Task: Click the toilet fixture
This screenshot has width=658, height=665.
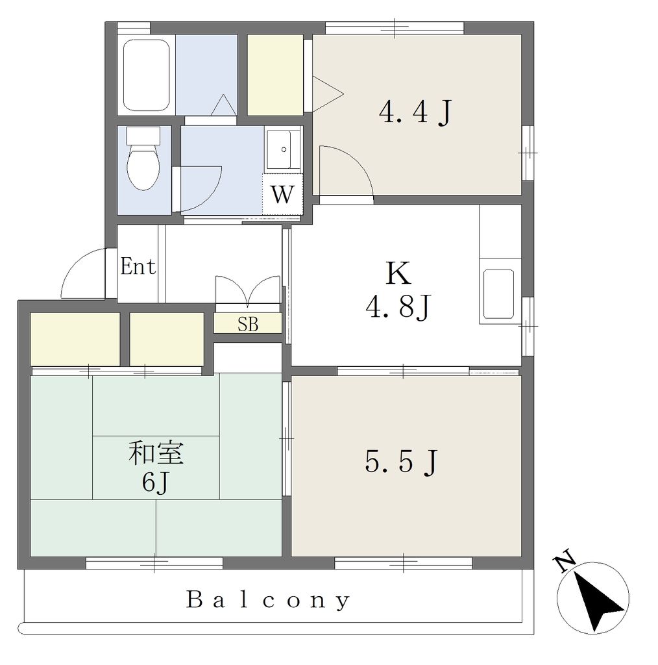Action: coord(143,158)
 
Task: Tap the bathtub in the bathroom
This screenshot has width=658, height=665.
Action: coord(146,75)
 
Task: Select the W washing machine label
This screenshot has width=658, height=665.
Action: coord(282,195)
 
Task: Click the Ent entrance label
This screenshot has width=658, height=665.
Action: coord(138,266)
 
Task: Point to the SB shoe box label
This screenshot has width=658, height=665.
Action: coord(248,325)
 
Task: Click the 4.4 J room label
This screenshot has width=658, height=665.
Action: coord(416,112)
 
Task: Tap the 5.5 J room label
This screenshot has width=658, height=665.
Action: coord(401,462)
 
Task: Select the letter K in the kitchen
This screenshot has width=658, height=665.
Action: coord(398,273)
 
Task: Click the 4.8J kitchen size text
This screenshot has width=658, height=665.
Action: coord(398,307)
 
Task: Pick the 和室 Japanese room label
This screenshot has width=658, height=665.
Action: coord(156,453)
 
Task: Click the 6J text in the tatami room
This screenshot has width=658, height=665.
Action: coord(156,483)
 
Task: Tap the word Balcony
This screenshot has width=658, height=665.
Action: coord(268,600)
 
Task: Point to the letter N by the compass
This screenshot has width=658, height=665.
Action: coord(565,562)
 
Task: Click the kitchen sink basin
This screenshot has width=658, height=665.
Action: coord(498,294)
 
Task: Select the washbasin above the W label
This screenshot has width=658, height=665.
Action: coord(283,150)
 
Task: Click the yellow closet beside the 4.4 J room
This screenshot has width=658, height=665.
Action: coord(275,75)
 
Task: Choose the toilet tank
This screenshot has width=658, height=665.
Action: coord(143,135)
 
